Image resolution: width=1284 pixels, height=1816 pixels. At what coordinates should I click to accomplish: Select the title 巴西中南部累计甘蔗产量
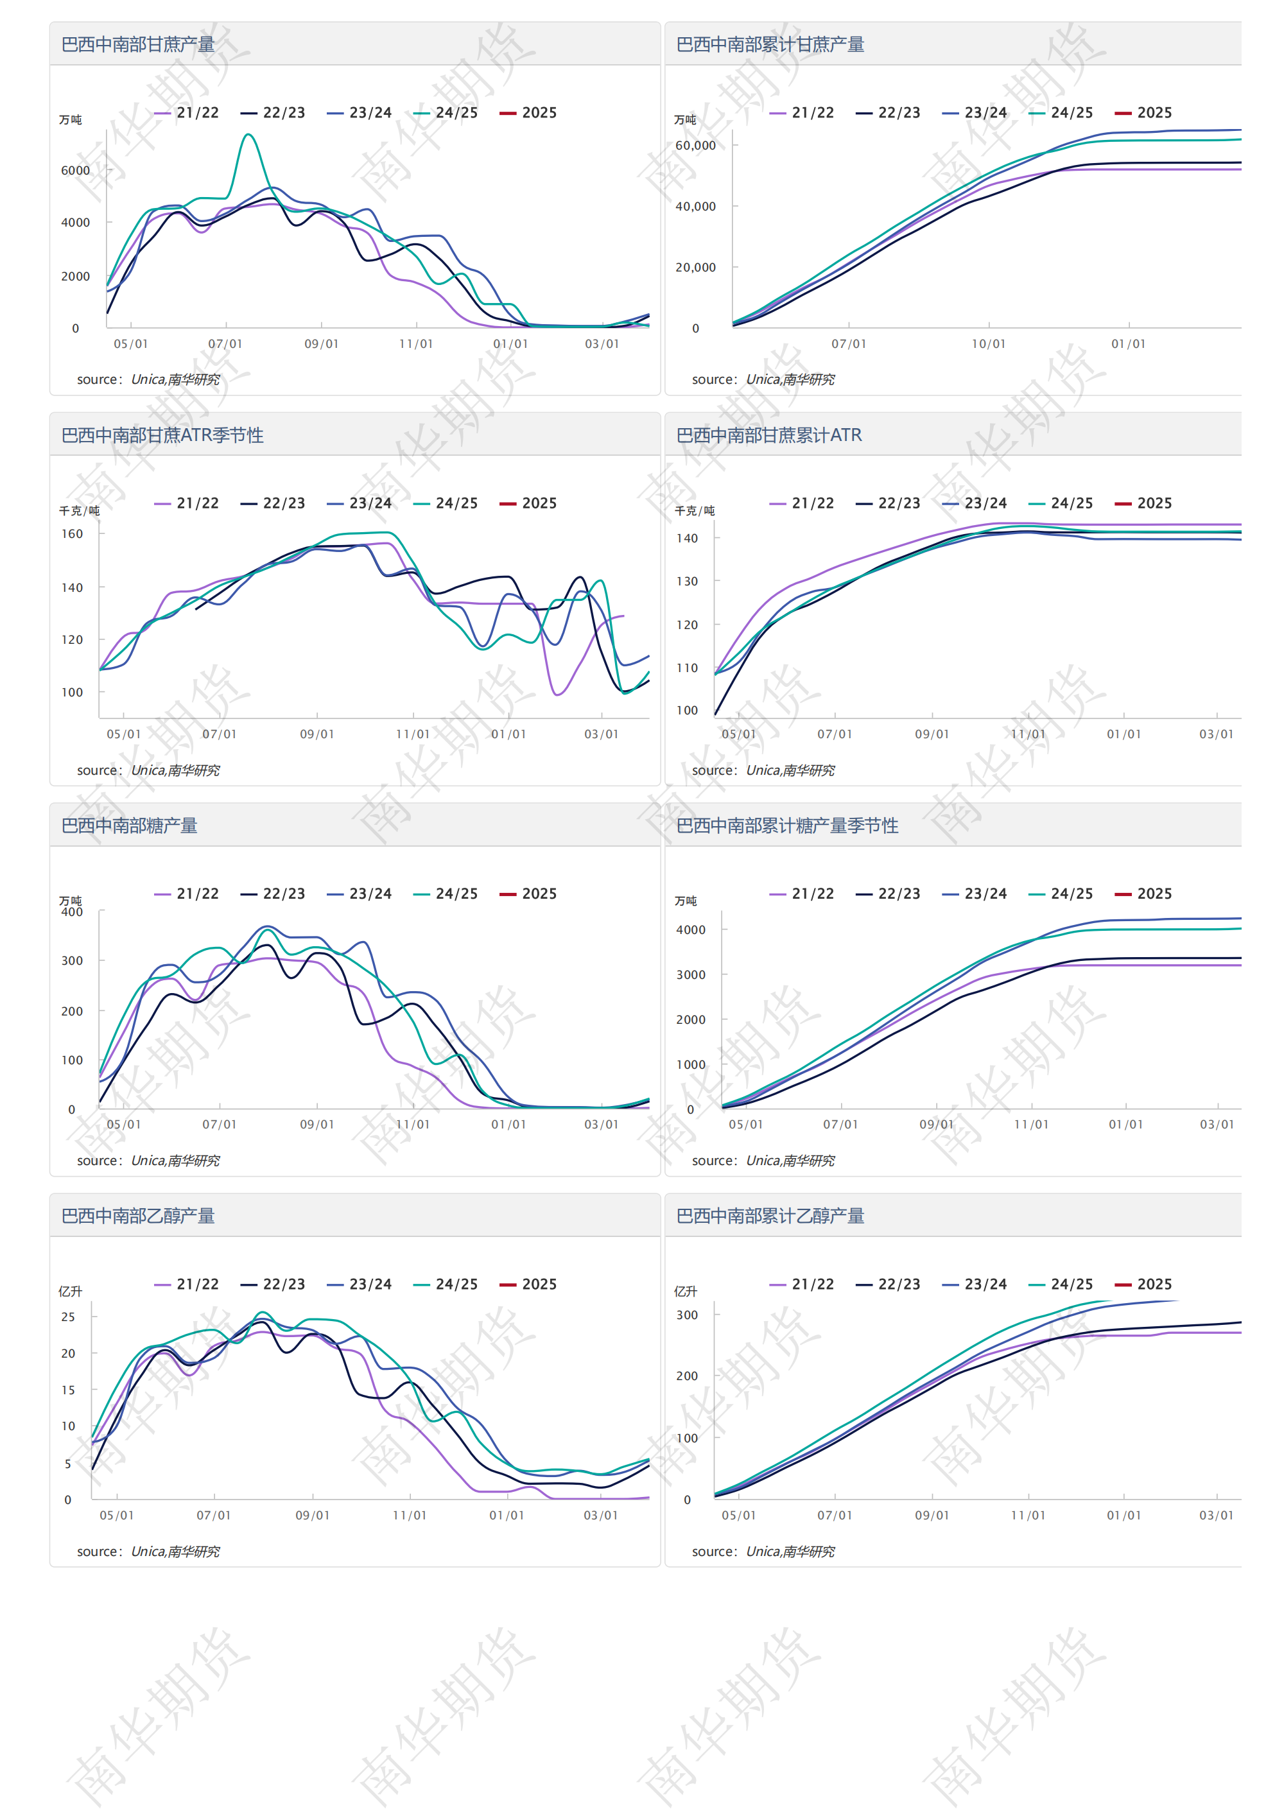point(770,44)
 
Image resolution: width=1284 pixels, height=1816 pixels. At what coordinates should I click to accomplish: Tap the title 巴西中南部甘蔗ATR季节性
point(162,435)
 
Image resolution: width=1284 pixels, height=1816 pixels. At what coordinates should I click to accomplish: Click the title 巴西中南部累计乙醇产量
point(770,1216)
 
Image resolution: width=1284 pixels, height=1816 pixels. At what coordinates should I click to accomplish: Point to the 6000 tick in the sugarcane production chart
point(75,170)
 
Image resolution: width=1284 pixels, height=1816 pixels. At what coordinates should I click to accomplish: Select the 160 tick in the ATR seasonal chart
point(72,534)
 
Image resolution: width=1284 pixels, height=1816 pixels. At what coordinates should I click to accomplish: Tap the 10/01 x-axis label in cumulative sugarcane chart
point(988,344)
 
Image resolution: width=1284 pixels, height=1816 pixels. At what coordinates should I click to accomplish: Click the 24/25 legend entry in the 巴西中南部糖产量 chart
point(446,894)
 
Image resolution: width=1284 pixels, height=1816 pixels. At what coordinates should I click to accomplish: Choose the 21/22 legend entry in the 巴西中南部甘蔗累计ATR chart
point(802,503)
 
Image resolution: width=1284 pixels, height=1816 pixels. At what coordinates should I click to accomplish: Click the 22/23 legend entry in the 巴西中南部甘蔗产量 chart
point(273,112)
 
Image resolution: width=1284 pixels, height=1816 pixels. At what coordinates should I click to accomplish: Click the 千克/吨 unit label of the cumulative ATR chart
point(694,511)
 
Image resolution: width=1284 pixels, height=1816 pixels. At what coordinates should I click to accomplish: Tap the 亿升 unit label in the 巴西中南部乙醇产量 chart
point(71,1292)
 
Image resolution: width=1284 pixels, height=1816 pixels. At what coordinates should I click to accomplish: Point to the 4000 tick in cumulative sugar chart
point(690,930)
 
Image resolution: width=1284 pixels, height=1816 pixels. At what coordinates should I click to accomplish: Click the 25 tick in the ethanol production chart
point(68,1317)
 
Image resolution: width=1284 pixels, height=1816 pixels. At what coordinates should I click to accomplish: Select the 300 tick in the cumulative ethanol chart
point(687,1315)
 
